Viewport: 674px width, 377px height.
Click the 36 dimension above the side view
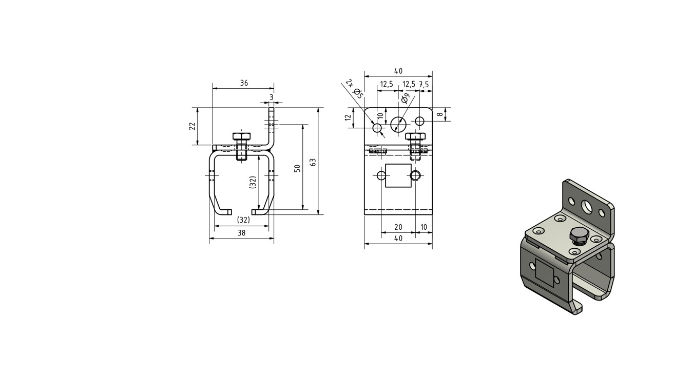244,83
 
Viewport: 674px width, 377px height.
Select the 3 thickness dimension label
272,97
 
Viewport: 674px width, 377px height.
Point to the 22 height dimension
192,126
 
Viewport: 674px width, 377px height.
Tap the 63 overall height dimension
313,163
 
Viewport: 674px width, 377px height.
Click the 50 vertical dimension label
297,168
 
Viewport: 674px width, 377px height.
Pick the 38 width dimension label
241,233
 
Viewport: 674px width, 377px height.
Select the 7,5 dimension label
423,85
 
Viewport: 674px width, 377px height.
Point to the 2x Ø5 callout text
355,89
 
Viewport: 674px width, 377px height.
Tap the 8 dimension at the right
440,114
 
